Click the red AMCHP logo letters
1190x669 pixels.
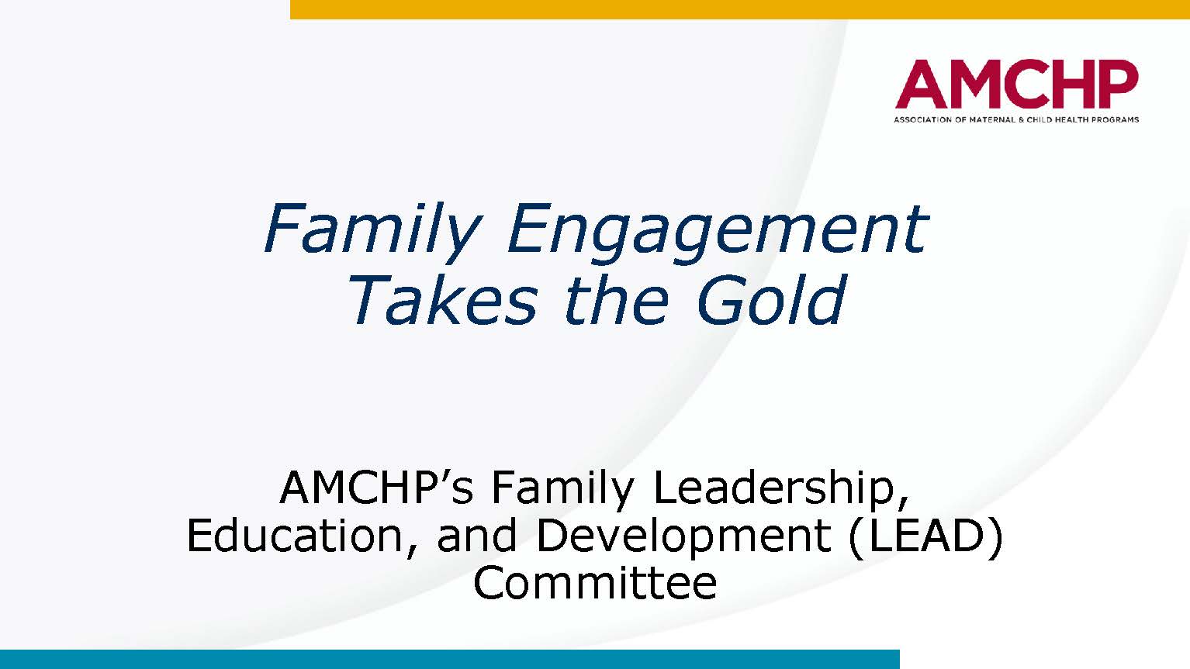coord(1016,84)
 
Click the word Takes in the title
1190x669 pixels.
coord(445,300)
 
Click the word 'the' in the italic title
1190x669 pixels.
coord(616,299)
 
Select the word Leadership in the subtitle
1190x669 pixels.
coord(780,488)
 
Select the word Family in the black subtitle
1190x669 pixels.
coord(563,488)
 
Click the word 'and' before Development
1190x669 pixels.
coord(476,535)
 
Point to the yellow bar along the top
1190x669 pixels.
coord(739,9)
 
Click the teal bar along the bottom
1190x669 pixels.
coord(449,659)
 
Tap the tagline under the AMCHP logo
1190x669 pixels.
coord(1016,119)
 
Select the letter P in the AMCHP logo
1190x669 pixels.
coord(1119,84)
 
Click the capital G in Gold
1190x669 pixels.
coord(719,299)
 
